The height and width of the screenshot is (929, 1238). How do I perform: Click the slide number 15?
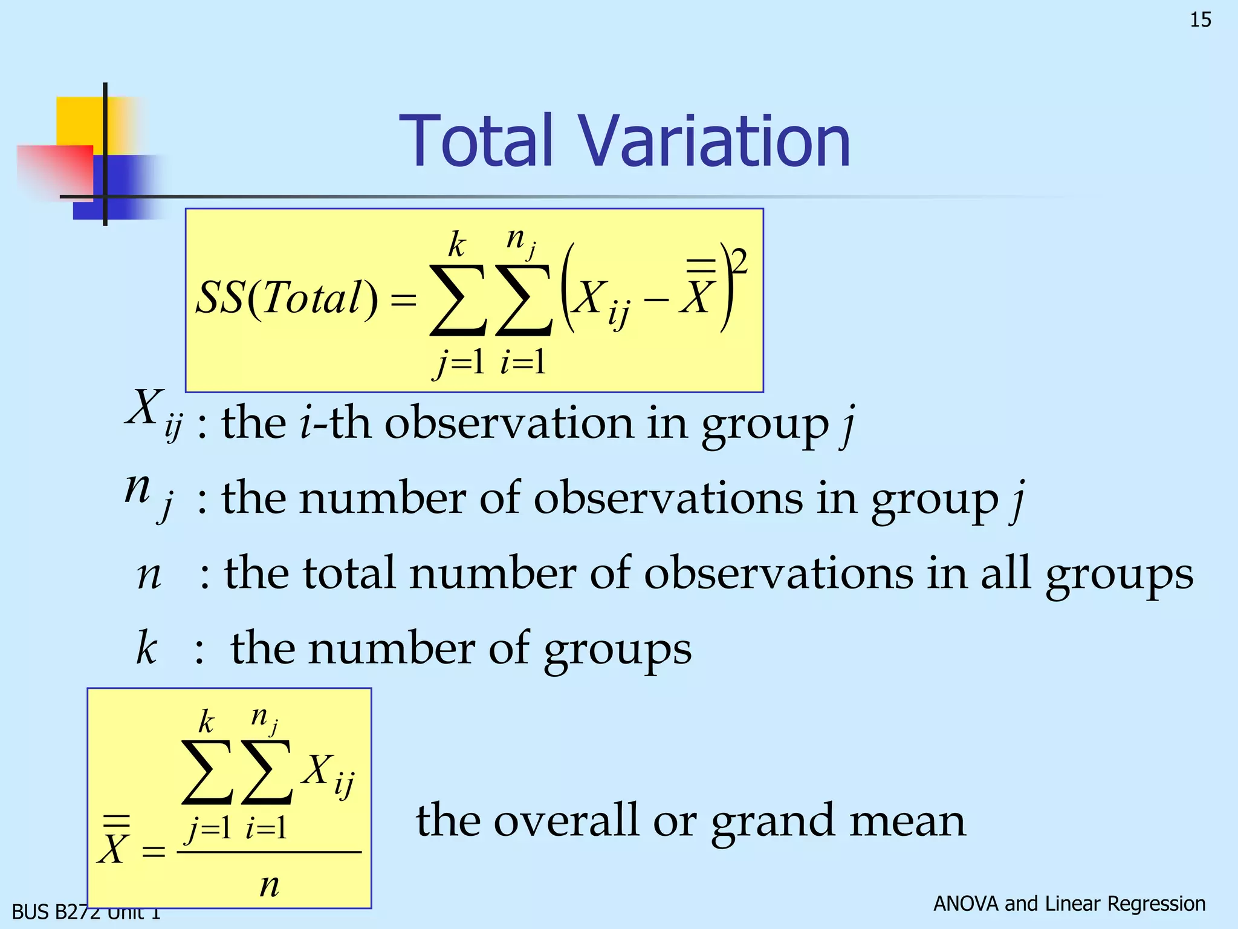(1201, 20)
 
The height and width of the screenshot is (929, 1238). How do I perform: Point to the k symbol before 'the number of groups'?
(146, 648)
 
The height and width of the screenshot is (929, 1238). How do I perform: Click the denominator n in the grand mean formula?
(269, 885)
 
